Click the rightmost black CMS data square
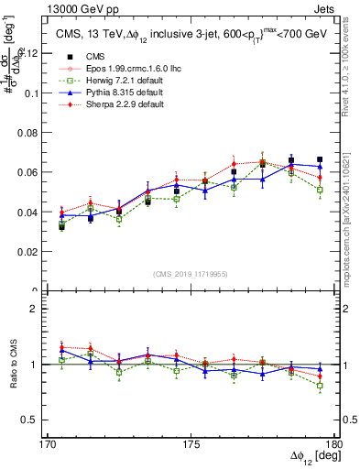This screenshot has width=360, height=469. pyautogui.click(x=320, y=159)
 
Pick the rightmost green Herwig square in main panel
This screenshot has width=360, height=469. pyautogui.click(x=320, y=190)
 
